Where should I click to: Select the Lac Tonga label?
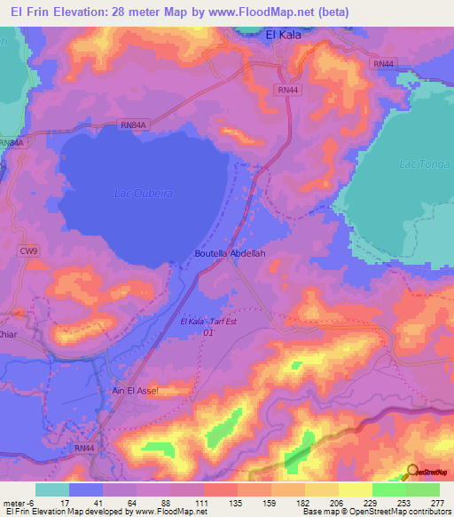419,164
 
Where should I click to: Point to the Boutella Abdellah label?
231,253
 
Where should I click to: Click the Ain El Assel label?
136,390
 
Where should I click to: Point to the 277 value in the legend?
436,502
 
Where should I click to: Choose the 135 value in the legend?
237,502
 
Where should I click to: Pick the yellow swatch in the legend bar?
355,489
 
